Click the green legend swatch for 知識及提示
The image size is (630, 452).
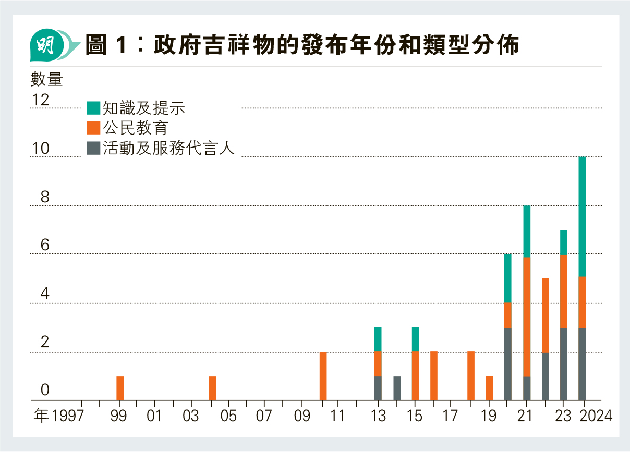click(93, 108)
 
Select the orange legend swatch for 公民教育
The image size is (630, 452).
click(93, 128)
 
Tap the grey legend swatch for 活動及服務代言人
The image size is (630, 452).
click(93, 148)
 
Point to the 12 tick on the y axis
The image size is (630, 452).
click(41, 100)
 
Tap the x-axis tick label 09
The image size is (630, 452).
click(302, 417)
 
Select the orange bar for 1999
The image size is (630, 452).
click(120, 388)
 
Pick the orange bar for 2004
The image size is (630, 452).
click(212, 388)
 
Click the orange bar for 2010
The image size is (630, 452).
click(323, 376)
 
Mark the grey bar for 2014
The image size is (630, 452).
click(397, 388)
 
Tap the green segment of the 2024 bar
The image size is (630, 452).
click(582, 216)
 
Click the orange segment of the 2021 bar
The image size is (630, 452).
click(527, 316)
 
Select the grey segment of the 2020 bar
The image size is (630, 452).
click(508, 364)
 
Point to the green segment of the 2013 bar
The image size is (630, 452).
click(378, 339)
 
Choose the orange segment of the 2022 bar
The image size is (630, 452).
click(546, 315)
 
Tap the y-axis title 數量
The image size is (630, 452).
click(46, 79)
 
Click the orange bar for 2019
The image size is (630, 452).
click(489, 388)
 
